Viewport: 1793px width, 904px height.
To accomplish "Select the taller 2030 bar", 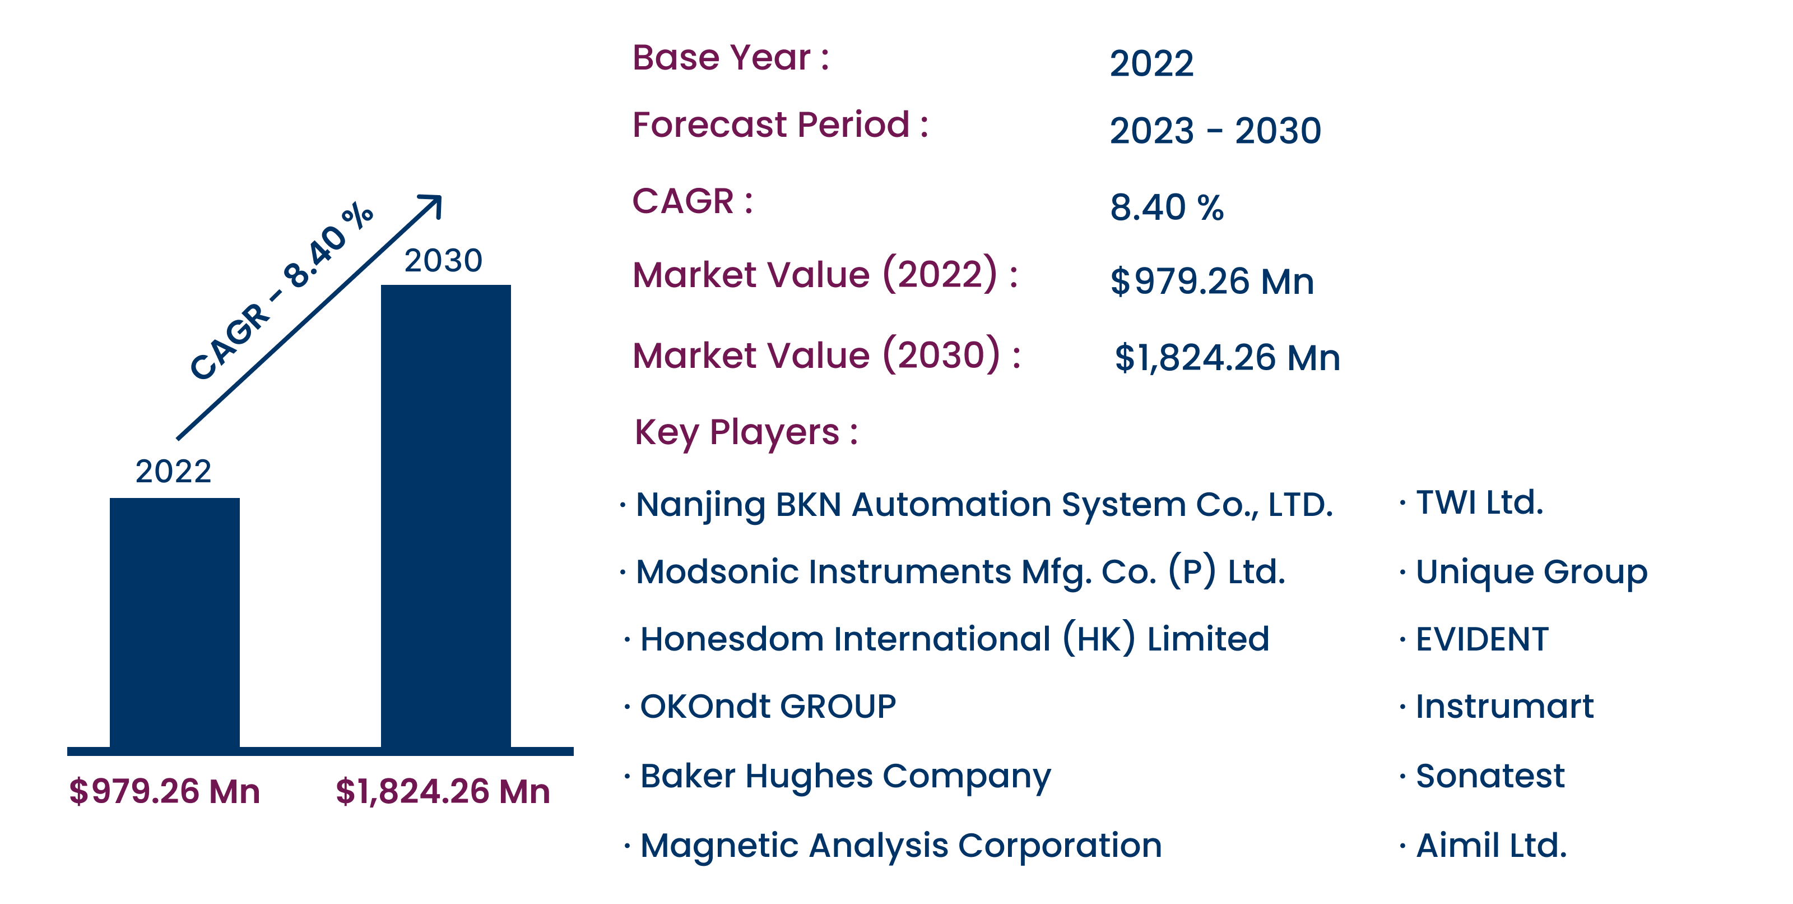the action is (445, 516).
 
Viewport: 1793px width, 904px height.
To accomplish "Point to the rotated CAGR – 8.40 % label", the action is (282, 290).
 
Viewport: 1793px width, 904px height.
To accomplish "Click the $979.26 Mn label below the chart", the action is (164, 791).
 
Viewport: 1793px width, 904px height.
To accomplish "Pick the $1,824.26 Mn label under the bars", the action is (443, 792).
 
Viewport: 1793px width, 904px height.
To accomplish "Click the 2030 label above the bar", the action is (443, 260).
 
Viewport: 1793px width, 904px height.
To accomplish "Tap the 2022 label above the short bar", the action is (173, 472).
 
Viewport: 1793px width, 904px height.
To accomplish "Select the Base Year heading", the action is (730, 57).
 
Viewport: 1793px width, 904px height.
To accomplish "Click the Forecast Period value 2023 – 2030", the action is (1215, 130).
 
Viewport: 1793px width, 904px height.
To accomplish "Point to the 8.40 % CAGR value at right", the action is (1167, 207).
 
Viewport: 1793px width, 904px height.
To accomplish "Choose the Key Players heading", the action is (746, 433).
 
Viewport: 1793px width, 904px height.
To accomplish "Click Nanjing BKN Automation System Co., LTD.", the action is (984, 505).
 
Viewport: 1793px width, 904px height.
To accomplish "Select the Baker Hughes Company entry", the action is (845, 777).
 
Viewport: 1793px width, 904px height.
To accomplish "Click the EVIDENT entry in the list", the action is (1482, 639).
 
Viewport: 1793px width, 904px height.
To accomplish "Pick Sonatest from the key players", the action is (1490, 776).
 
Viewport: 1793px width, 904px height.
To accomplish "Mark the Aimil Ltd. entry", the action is (1491, 846).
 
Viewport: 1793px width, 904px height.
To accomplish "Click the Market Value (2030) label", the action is (826, 354).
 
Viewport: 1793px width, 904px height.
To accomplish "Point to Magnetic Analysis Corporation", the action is (900, 847).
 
